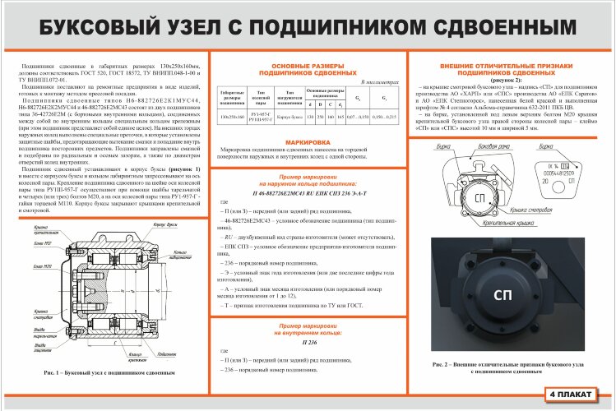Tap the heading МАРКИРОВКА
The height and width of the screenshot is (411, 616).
(303, 142)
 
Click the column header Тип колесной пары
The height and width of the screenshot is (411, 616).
(260, 100)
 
